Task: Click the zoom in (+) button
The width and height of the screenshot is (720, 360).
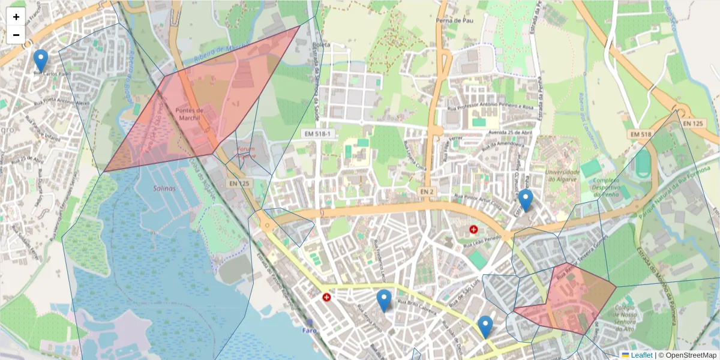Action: pyautogui.click(x=16, y=17)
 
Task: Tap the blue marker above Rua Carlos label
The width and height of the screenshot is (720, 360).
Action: pyautogui.click(x=41, y=61)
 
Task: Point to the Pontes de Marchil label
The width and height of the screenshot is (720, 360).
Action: pyautogui.click(x=190, y=113)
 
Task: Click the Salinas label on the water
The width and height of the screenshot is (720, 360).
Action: pyautogui.click(x=164, y=188)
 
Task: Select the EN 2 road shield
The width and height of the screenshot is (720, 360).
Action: pyautogui.click(x=427, y=190)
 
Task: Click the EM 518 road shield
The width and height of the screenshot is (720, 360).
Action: pyautogui.click(x=640, y=134)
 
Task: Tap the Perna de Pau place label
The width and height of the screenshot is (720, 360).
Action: pyautogui.click(x=451, y=20)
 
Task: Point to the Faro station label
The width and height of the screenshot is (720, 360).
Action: pyautogui.click(x=309, y=330)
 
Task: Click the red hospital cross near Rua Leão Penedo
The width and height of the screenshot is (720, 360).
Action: pyautogui.click(x=473, y=229)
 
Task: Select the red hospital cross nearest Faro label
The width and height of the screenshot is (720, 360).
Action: pyautogui.click(x=326, y=297)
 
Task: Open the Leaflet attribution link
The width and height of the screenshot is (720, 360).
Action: pyautogui.click(x=641, y=355)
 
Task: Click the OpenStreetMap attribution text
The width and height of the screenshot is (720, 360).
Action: pyautogui.click(x=690, y=355)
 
